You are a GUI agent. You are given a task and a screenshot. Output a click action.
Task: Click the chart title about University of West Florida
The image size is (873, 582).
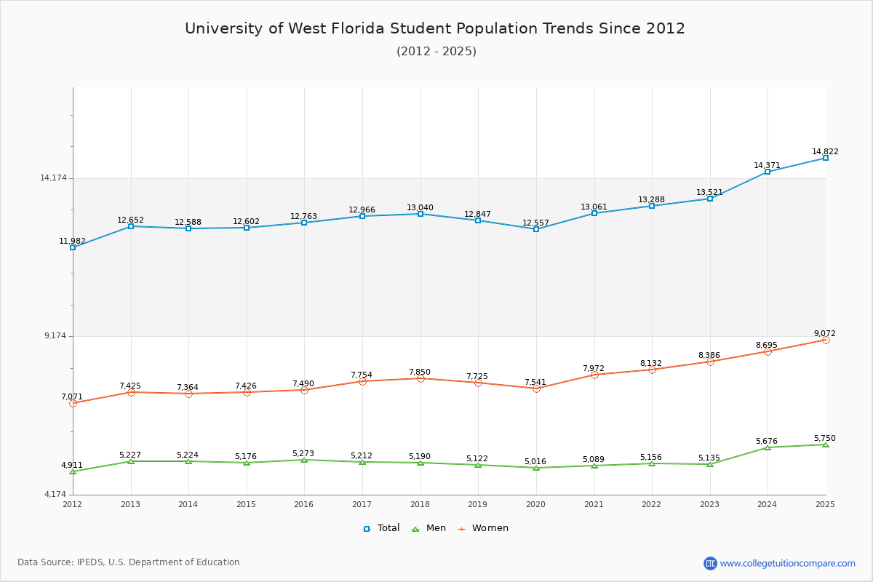point(435,28)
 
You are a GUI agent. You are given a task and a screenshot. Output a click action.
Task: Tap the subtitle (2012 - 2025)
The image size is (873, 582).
point(436,51)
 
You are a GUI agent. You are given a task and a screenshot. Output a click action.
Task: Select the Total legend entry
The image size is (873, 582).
point(381,528)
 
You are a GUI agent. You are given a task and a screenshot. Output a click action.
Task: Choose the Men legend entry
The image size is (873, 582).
point(429,528)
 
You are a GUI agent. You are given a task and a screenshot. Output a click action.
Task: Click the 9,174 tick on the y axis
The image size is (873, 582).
point(55,335)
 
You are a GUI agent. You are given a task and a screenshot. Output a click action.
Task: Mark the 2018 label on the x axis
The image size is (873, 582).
point(420,504)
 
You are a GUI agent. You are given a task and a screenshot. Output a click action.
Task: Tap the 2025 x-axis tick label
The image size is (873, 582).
point(825,504)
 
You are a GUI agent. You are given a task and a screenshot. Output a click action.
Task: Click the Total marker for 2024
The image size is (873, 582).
point(767,172)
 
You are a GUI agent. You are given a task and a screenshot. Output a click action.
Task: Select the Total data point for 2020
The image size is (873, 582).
point(536,229)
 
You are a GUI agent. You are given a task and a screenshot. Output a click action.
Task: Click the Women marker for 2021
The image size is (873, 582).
point(594,375)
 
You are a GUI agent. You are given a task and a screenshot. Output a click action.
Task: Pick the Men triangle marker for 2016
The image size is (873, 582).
point(304,460)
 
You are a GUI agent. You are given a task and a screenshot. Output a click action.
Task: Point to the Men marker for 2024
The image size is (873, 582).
point(767,447)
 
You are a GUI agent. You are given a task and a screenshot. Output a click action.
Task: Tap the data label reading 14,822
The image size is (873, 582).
point(825,151)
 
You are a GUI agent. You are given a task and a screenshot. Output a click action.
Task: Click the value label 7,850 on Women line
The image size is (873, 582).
point(420,372)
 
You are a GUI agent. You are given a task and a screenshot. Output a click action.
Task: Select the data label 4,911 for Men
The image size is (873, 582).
point(72,465)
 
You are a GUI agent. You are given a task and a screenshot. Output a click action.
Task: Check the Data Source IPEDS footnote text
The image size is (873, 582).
point(129,562)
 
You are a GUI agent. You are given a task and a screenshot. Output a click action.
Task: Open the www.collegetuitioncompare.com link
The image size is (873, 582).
point(787,563)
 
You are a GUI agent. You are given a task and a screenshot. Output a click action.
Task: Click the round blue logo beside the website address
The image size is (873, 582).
point(710,563)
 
